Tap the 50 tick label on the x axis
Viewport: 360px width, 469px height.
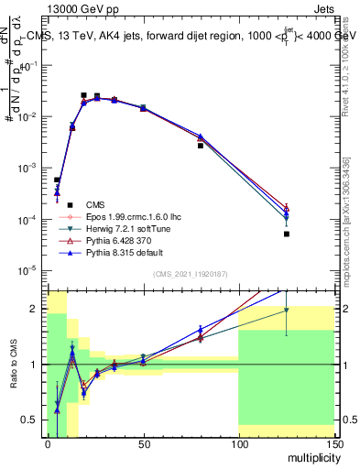pyautogui.click(x=143, y=444)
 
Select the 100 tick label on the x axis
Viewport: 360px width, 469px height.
pyautogui.click(x=238, y=444)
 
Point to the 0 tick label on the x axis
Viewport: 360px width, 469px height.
pyautogui.click(x=48, y=444)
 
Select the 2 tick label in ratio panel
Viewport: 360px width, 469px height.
pyautogui.click(x=37, y=309)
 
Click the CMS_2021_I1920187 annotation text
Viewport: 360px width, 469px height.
pyautogui.click(x=190, y=273)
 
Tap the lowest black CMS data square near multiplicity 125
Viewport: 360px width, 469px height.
pyautogui.click(x=286, y=234)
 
